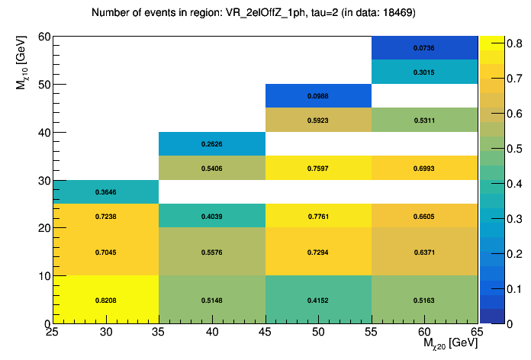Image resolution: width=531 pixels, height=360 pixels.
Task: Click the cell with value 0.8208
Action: click(x=105, y=300)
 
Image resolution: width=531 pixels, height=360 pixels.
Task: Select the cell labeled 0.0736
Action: click(x=424, y=48)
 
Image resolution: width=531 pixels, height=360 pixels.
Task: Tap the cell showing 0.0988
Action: click(x=318, y=96)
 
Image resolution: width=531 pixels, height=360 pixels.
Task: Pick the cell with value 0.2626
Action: click(x=211, y=144)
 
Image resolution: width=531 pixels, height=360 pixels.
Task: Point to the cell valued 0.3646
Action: click(x=105, y=192)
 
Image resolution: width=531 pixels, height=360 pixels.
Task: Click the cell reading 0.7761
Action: click(x=318, y=216)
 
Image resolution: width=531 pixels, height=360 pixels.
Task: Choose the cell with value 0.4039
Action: click(x=211, y=216)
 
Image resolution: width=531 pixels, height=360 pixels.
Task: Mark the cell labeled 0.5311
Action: click(x=424, y=120)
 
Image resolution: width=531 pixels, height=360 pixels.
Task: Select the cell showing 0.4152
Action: click(x=318, y=300)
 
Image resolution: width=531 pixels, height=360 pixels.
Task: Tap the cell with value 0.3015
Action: click(x=424, y=72)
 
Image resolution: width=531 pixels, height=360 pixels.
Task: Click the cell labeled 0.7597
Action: click(x=318, y=168)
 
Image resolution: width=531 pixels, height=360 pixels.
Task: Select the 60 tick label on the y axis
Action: click(x=44, y=37)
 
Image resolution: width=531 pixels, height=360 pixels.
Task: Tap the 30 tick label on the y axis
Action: click(x=44, y=181)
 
